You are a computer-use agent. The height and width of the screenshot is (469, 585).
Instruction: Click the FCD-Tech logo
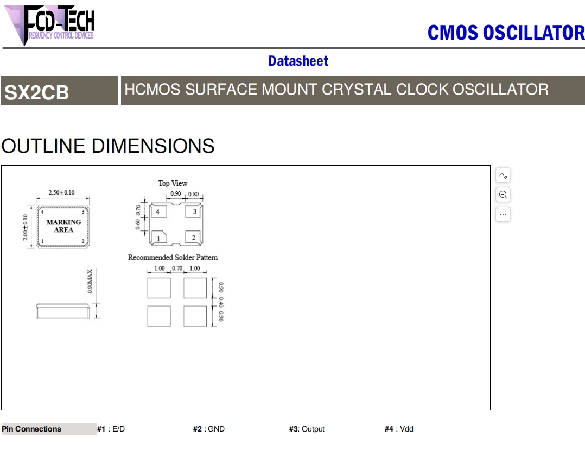point(49,25)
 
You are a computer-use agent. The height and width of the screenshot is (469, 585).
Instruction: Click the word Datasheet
point(298,61)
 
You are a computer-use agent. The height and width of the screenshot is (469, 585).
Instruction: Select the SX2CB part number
point(36,92)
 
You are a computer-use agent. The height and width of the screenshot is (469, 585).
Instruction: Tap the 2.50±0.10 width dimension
point(61,192)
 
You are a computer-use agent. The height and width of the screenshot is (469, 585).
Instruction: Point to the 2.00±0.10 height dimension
point(25,227)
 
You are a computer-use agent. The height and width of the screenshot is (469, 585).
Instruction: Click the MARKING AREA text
point(63,226)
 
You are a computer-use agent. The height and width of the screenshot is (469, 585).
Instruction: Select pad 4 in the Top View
point(158,212)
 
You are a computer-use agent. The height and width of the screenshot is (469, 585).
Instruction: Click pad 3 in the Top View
point(193,211)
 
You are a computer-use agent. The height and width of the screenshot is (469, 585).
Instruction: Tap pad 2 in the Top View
point(193,237)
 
